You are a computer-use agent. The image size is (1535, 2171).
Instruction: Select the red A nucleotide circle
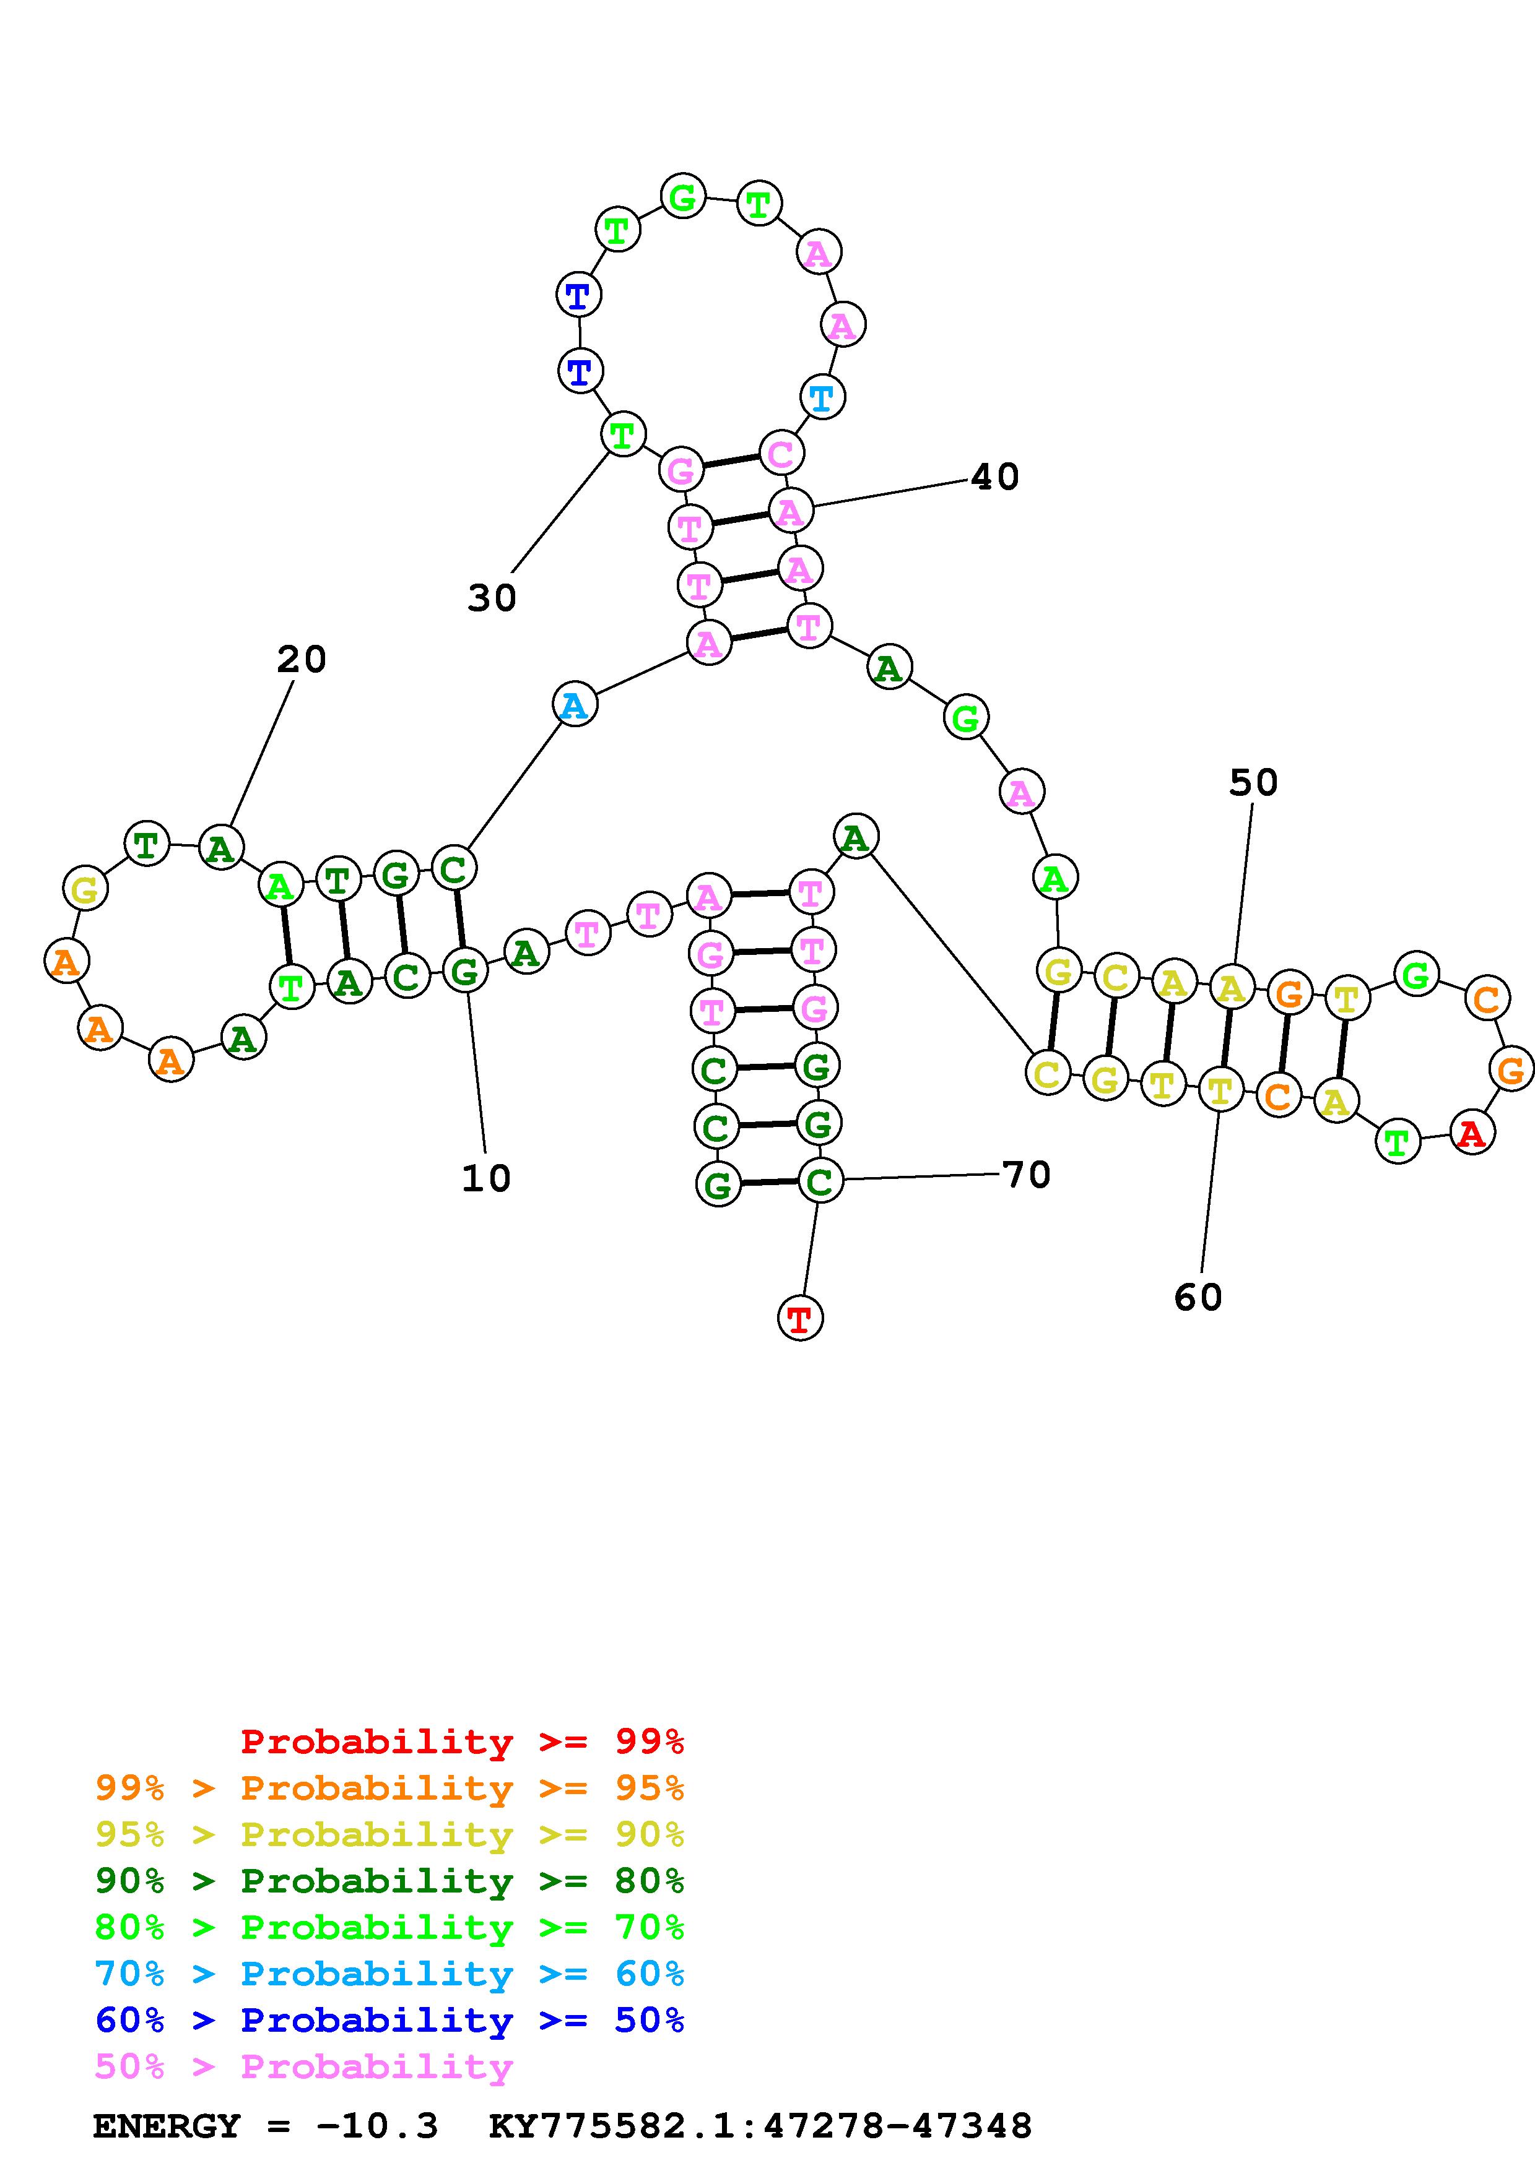click(x=1471, y=1133)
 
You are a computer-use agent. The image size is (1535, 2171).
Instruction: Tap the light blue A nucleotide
click(x=574, y=704)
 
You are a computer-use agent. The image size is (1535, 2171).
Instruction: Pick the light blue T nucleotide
click(x=822, y=397)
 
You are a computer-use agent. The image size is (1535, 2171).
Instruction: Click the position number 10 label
click(x=486, y=1178)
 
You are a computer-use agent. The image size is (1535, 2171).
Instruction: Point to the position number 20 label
click(x=301, y=659)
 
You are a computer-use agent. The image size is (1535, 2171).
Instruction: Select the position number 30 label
click(x=492, y=598)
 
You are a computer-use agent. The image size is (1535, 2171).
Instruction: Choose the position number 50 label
click(x=1253, y=782)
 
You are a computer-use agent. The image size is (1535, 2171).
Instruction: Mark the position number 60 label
click(x=1198, y=1297)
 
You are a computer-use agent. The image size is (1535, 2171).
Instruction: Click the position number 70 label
click(x=1026, y=1175)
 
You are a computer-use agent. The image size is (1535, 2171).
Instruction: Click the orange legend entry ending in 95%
click(x=389, y=1788)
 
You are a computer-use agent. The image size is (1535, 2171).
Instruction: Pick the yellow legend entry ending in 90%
click(x=389, y=1834)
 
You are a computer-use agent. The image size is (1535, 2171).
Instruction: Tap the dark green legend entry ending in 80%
click(x=389, y=1881)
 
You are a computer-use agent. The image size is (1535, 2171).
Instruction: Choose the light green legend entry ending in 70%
click(x=389, y=1927)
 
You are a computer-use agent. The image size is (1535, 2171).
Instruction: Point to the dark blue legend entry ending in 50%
click(x=389, y=2020)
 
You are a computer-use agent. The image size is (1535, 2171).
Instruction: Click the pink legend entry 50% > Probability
click(x=303, y=2066)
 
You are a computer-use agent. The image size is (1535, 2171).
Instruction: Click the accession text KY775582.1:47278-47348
click(x=760, y=2126)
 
